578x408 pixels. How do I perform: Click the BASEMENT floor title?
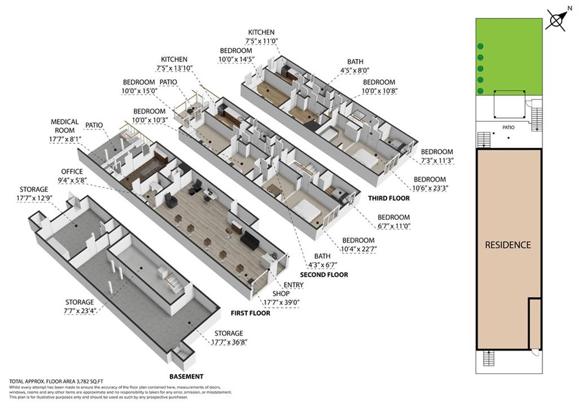click(186, 376)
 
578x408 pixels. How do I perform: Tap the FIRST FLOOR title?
click(250, 313)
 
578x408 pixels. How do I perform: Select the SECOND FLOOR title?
click(323, 275)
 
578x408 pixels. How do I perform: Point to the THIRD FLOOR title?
click(388, 198)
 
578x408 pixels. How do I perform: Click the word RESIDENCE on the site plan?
click(507, 245)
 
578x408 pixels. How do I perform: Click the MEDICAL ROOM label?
click(64, 126)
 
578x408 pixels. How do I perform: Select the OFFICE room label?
click(72, 172)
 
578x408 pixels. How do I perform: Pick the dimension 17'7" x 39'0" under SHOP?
click(281, 302)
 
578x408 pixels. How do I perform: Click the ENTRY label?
click(294, 285)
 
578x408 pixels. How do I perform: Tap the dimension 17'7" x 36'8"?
click(229, 342)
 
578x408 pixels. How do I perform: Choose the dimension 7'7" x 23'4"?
click(80, 311)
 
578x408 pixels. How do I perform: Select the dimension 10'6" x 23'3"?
click(430, 188)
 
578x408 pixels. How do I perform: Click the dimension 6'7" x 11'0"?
click(393, 226)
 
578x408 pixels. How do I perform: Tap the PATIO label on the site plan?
click(509, 128)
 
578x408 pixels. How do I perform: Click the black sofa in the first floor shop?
click(251, 240)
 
